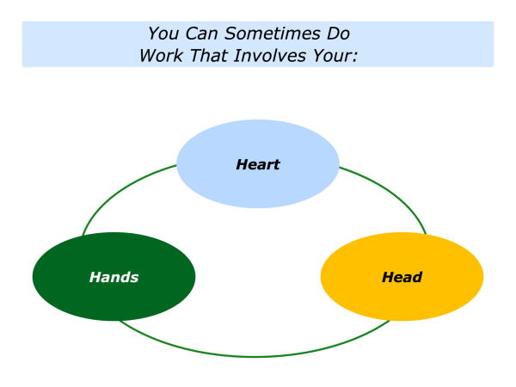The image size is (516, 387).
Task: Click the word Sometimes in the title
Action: tap(273, 34)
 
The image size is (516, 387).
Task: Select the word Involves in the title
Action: tap(270, 56)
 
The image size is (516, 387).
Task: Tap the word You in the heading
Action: tap(163, 34)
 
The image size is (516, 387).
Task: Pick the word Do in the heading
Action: tap(338, 34)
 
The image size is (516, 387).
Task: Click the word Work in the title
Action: tap(162, 56)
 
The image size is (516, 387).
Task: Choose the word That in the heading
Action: tap(209, 56)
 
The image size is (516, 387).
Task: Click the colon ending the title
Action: tap(354, 58)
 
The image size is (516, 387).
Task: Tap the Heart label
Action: tap(258, 164)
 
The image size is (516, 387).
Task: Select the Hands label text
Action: tap(114, 278)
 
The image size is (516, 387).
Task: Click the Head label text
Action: tap(402, 278)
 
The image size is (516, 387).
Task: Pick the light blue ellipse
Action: tap(258, 164)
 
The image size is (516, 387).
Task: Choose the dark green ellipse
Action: tap(114, 276)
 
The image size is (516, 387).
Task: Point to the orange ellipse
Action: tap(402, 276)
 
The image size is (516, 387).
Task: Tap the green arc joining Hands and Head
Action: tap(255, 356)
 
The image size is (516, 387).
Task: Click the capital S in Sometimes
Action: tap(230, 34)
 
